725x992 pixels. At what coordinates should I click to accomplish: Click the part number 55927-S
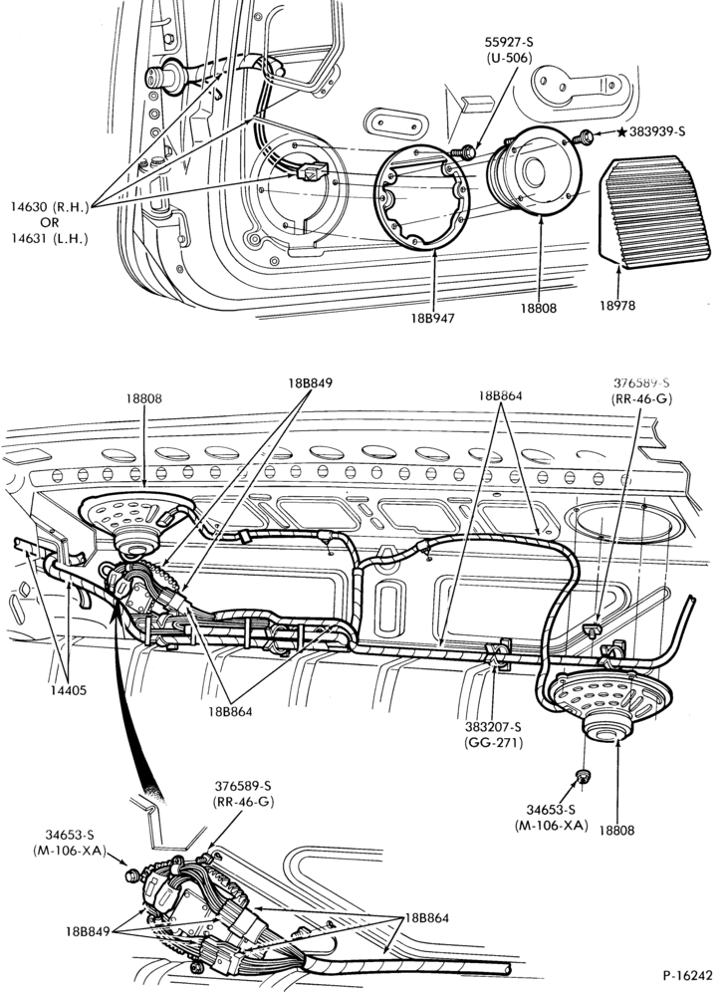[x=509, y=43]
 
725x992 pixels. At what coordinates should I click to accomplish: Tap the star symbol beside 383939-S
[x=621, y=131]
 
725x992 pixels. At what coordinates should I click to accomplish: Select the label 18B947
[x=432, y=318]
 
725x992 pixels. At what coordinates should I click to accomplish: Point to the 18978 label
[x=617, y=305]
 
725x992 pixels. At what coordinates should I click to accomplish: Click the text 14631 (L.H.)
[x=50, y=238]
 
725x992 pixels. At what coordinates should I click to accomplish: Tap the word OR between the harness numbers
[x=50, y=222]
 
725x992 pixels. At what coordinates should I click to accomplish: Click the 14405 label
[x=69, y=690]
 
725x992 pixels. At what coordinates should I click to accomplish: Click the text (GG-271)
[x=493, y=743]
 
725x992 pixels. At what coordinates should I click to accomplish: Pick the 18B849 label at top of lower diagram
[x=310, y=382]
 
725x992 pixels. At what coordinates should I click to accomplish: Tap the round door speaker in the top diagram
[x=533, y=169]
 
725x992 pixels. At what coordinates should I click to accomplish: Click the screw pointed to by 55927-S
[x=464, y=151]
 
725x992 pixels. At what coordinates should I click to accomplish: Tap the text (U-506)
[x=509, y=58]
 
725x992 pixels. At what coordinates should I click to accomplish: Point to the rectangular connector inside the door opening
[x=313, y=172]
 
